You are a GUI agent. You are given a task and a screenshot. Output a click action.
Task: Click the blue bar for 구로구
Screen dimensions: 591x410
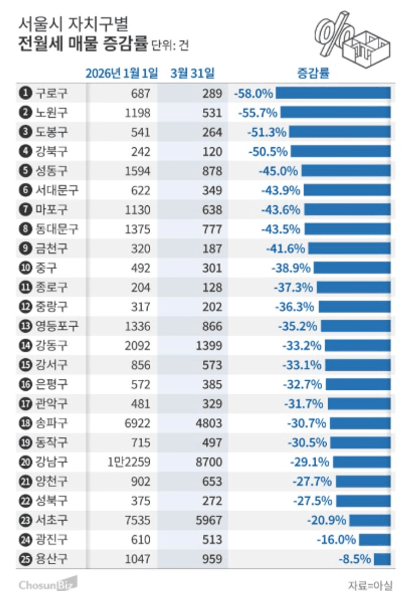coord(333,93)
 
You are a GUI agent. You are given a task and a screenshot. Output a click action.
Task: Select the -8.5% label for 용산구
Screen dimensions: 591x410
coord(354,559)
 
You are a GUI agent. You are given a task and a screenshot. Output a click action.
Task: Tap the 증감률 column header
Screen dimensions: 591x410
coord(313,73)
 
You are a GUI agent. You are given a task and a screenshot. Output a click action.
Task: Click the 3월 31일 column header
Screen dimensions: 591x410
coord(192,73)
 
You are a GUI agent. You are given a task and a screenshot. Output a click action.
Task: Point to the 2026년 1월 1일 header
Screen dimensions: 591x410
coord(121,73)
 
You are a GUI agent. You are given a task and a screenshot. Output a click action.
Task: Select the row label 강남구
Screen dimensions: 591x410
coord(51,462)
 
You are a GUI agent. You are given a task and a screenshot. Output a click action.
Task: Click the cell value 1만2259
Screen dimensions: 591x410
coord(128,462)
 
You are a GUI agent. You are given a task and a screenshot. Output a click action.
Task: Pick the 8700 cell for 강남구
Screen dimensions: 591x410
coord(209,462)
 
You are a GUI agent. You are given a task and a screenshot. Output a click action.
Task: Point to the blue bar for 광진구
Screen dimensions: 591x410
coord(374,539)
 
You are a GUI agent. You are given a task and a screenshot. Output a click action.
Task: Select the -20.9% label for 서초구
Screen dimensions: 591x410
coord(326,520)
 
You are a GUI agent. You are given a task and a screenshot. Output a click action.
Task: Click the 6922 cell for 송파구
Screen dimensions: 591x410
coord(135,423)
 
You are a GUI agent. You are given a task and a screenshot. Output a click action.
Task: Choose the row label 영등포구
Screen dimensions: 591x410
coord(57,326)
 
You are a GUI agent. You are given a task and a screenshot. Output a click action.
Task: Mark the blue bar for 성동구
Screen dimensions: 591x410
coord(346,171)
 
